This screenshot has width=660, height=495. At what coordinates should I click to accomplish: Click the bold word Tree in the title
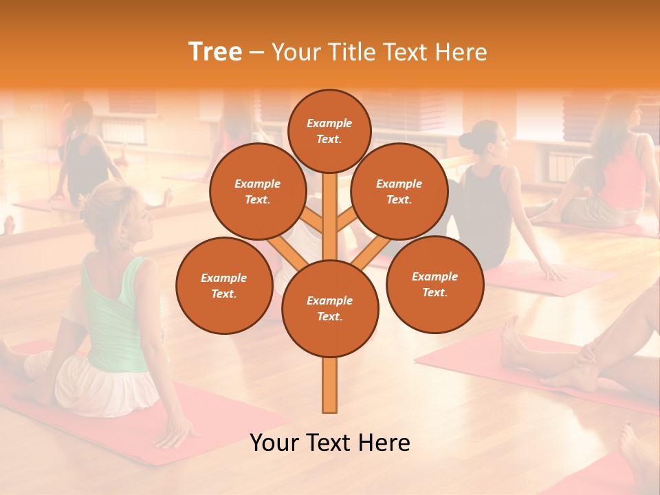point(215,52)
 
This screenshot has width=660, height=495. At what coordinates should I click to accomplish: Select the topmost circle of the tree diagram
point(329,131)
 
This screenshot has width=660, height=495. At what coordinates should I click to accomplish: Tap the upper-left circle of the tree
point(258,192)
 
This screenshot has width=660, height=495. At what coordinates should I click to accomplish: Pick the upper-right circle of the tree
point(399,192)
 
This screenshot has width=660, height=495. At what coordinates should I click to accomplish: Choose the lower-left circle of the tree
point(224,286)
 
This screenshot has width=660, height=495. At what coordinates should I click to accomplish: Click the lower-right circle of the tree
point(434,284)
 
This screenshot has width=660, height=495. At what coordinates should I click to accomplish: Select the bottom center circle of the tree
point(330,309)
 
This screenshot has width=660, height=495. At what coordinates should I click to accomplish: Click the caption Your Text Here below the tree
point(330,443)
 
